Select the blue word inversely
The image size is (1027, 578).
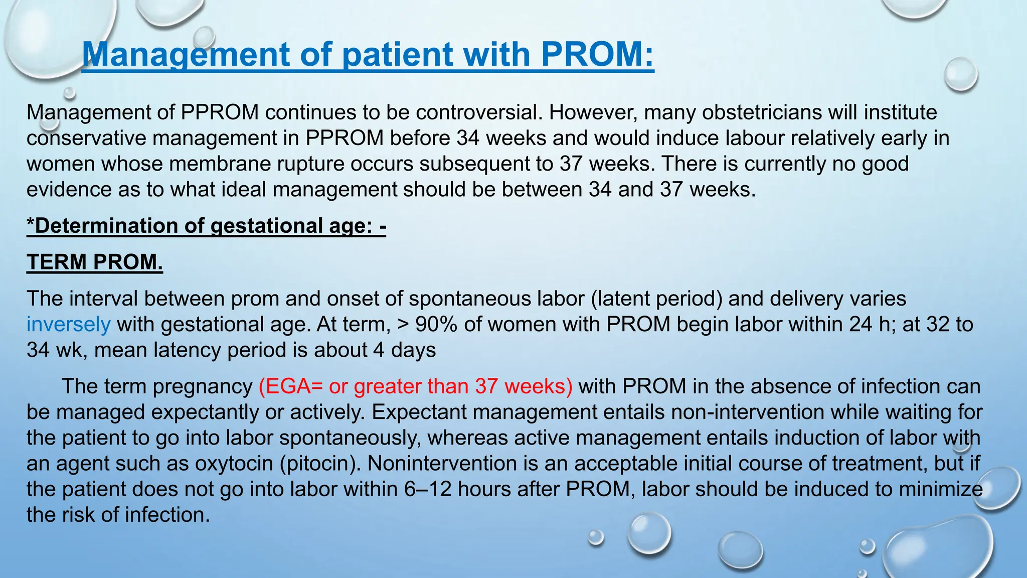(68, 324)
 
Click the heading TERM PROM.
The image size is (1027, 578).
(95, 262)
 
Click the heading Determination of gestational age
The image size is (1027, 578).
(206, 226)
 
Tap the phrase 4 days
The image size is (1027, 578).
(405, 350)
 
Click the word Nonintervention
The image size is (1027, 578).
(442, 463)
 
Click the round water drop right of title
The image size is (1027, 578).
(960, 74)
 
